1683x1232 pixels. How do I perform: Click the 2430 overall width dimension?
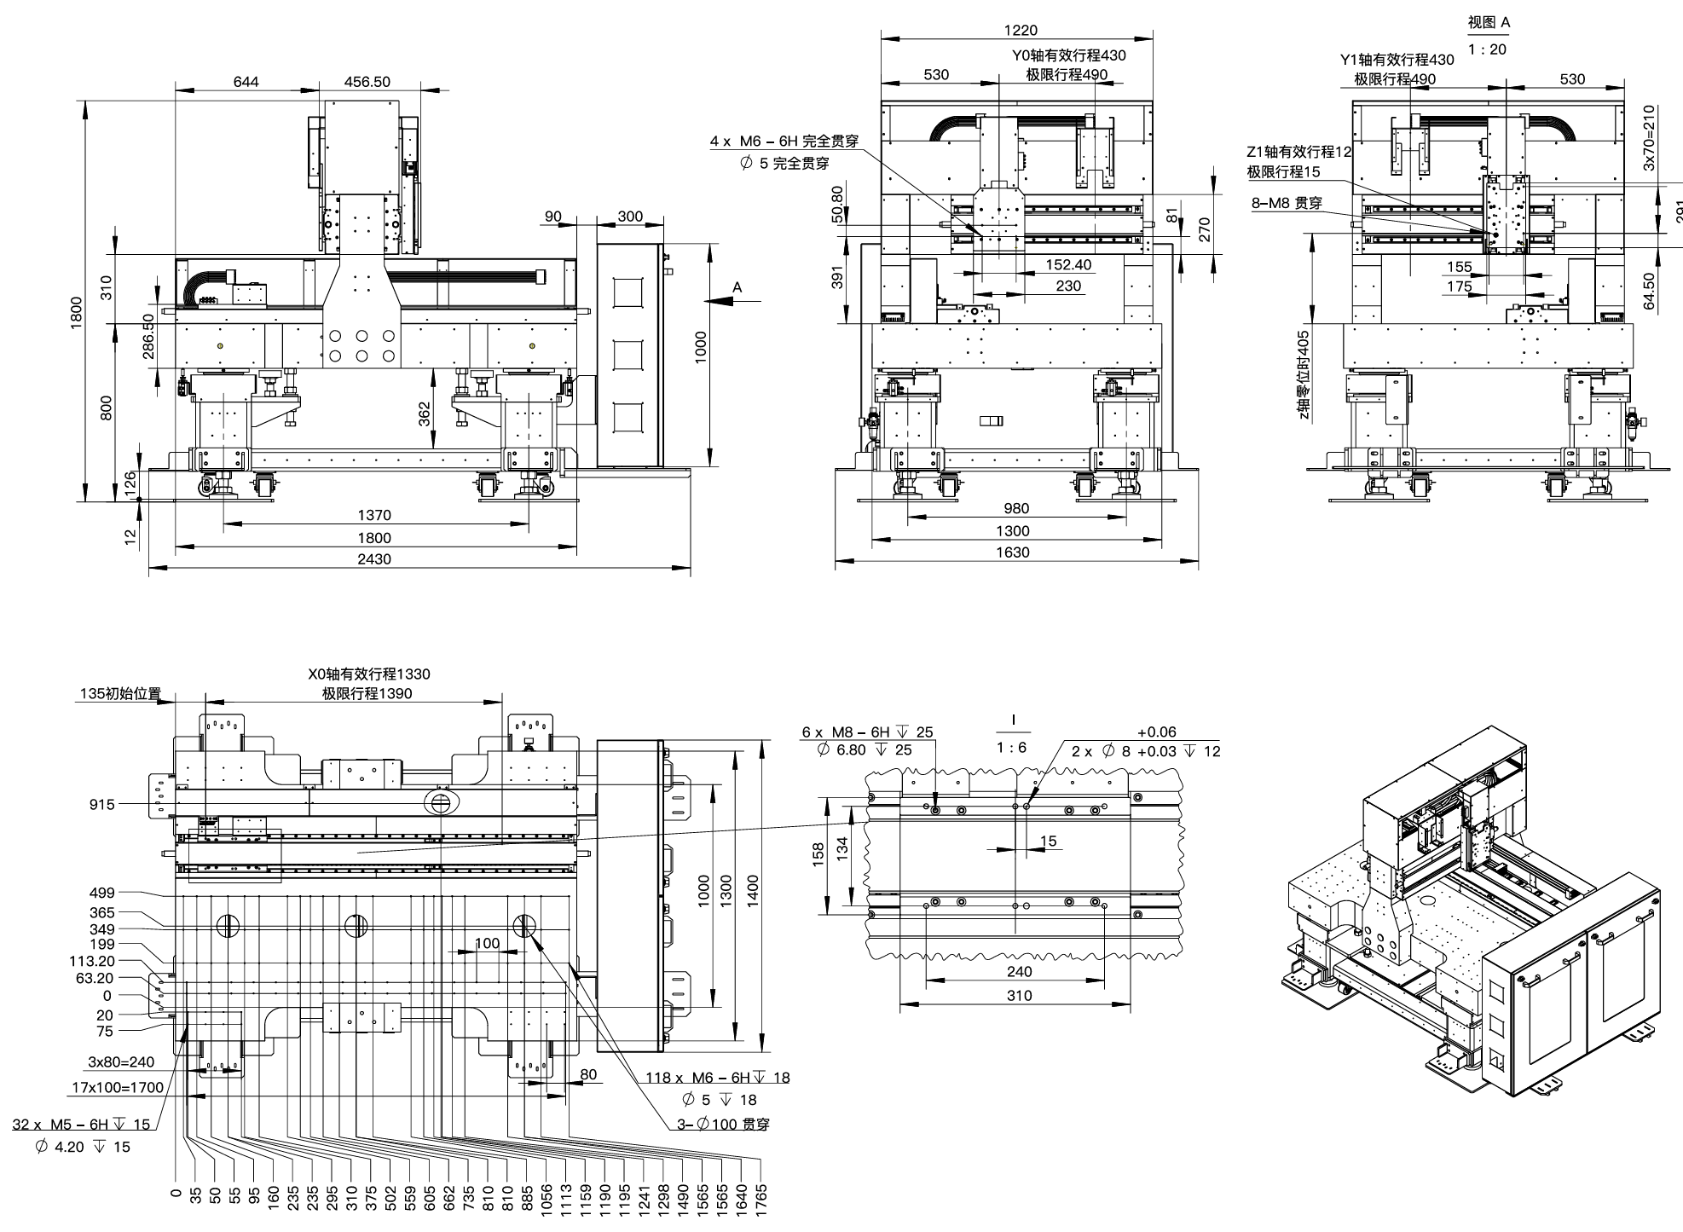[373, 559]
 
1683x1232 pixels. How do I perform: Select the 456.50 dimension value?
[367, 82]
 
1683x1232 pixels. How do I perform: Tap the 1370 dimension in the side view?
[373, 515]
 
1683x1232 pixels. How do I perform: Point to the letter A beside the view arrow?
[737, 288]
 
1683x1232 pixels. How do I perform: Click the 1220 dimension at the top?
[1021, 31]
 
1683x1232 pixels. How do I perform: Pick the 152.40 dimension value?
[1068, 265]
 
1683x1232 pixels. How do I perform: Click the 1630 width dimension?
[1012, 552]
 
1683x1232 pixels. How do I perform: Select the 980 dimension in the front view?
[1017, 509]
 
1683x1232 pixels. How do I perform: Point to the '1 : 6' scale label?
[1012, 748]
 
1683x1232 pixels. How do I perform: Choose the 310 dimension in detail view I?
[1019, 996]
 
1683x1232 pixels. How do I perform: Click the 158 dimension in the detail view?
[818, 853]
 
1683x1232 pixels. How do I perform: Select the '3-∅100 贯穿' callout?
[723, 1125]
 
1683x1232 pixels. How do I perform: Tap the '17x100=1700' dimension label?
[115, 1088]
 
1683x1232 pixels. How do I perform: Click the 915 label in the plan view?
[101, 804]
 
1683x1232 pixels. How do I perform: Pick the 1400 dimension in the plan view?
[753, 891]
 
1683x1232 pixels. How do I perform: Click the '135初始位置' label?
[120, 694]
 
